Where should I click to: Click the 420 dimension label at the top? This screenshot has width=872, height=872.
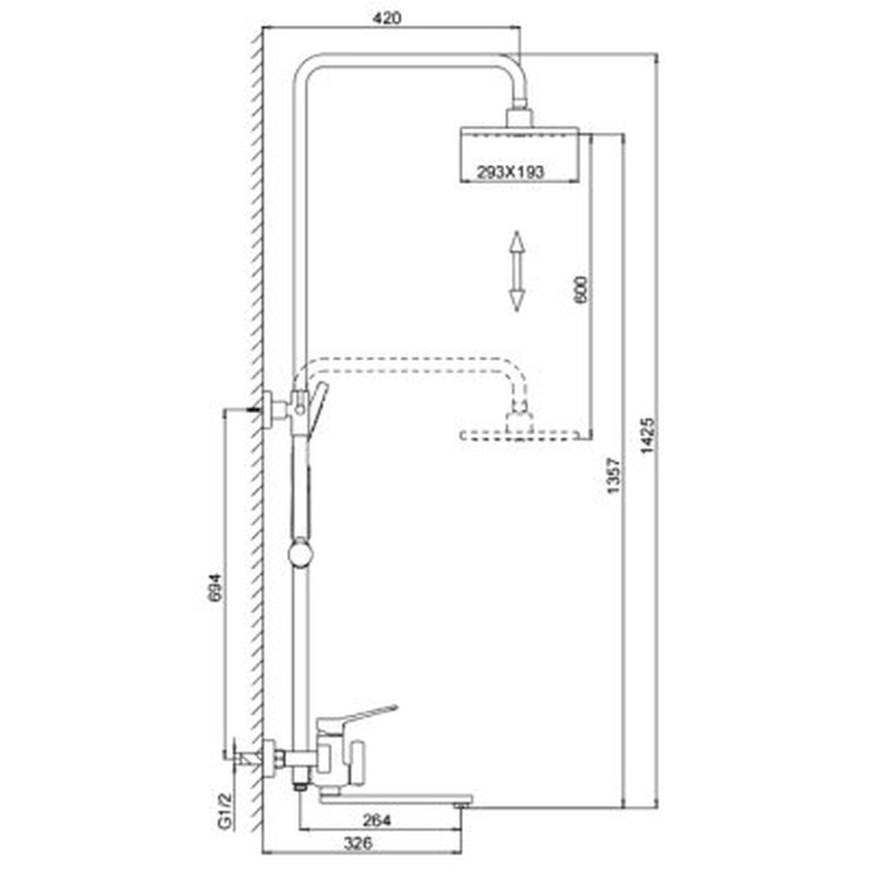coord(386,18)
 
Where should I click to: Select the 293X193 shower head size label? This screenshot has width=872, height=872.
coord(510,173)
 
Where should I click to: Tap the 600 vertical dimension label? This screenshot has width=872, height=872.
coord(580,290)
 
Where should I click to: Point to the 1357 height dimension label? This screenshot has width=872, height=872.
coord(612,475)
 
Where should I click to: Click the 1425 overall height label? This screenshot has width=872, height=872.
coord(648,436)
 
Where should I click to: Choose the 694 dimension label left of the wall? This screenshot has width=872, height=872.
coord(215,587)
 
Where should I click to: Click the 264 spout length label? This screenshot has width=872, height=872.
coord(377,820)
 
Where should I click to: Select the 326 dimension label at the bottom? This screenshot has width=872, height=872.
coord(358,843)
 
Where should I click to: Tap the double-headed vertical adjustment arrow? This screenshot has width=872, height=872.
coord(517,271)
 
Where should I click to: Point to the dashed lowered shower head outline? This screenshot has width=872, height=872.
coord(520,435)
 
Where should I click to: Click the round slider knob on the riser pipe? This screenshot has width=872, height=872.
coord(301,555)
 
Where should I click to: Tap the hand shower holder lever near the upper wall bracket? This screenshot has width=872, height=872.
coord(318,407)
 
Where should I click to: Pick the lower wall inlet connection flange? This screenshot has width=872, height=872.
coord(269,758)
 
